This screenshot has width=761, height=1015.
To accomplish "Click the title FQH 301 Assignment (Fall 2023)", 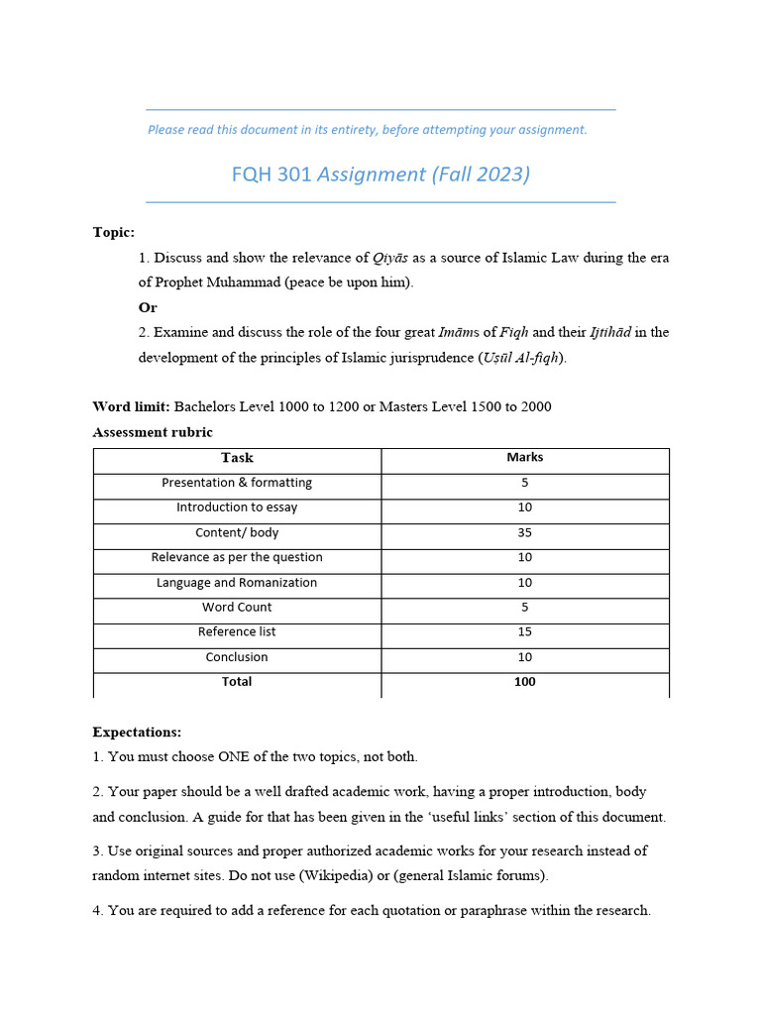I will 380,174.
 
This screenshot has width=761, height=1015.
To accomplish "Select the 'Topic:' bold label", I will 113,232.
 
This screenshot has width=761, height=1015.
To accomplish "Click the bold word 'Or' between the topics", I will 148,307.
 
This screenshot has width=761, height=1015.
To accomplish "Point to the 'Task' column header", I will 237,458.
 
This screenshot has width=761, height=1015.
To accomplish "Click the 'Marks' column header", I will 524,458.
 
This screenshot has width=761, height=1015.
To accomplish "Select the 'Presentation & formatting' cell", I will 237,483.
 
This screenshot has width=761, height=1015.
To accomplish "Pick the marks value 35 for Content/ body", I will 524,533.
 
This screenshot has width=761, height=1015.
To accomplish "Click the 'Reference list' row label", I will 237,632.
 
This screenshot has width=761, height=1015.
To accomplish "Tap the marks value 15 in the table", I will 524,632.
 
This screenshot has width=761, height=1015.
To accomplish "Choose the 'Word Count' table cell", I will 237,608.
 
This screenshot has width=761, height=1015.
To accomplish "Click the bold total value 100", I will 524,682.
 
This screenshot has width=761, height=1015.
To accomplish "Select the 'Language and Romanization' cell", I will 237,583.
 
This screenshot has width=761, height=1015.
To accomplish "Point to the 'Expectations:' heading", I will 137,733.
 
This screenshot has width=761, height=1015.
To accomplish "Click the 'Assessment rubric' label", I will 153,432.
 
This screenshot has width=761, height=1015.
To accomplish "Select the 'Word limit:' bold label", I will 131,407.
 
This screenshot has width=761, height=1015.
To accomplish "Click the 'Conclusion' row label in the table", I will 237,657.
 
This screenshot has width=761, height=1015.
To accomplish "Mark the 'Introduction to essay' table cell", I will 237,507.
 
